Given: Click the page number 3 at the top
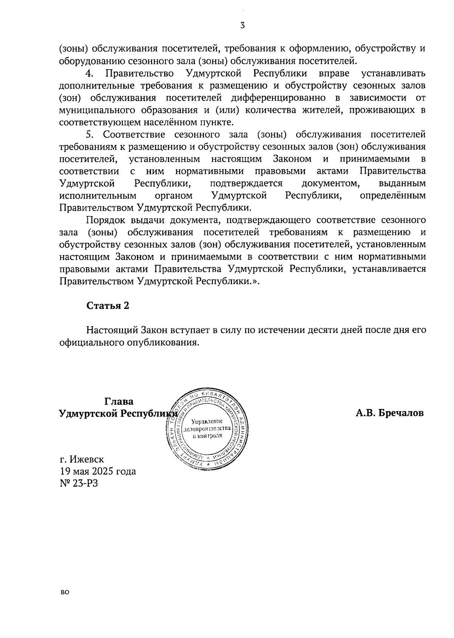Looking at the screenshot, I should point(243,25).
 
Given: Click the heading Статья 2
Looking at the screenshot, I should point(108,306).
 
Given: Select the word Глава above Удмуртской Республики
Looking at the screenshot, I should point(119,401).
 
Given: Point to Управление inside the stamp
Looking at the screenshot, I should point(207,422).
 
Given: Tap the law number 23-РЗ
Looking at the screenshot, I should point(87,484).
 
